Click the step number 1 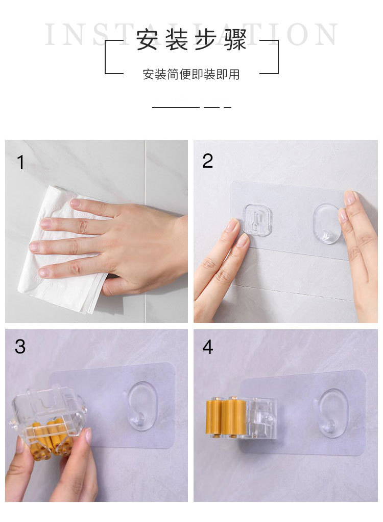tap(20, 162)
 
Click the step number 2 tap(207, 161)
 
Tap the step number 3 tap(20, 346)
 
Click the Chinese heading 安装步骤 tap(191, 39)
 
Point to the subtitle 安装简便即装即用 tap(191, 74)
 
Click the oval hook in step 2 tap(326, 223)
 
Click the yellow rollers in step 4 tap(226, 416)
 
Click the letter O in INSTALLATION tap(299, 34)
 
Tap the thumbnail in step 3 tap(88, 435)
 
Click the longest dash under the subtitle tap(176, 107)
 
